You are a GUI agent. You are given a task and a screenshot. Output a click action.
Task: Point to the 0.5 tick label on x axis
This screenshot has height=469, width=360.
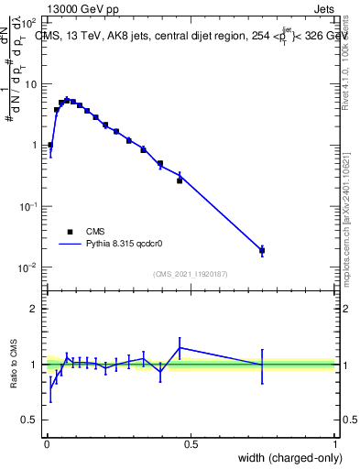tap(191, 444)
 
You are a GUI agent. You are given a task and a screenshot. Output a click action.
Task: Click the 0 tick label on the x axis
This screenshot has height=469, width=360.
tap(47, 444)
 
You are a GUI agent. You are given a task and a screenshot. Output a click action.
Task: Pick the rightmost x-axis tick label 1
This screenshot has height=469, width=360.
tap(335, 444)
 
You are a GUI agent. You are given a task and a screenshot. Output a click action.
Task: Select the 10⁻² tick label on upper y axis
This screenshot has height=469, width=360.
tap(29, 267)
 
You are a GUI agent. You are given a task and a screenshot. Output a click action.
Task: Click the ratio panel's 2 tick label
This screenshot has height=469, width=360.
tap(35, 309)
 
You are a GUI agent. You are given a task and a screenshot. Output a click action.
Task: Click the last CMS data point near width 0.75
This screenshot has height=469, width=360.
tap(262, 250)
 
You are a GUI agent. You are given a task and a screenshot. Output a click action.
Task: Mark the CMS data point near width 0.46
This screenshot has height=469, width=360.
tap(180, 180)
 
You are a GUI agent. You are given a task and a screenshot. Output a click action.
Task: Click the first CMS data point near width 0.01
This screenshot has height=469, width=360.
tap(50, 145)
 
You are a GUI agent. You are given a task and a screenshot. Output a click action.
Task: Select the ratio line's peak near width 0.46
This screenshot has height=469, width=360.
tap(180, 347)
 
